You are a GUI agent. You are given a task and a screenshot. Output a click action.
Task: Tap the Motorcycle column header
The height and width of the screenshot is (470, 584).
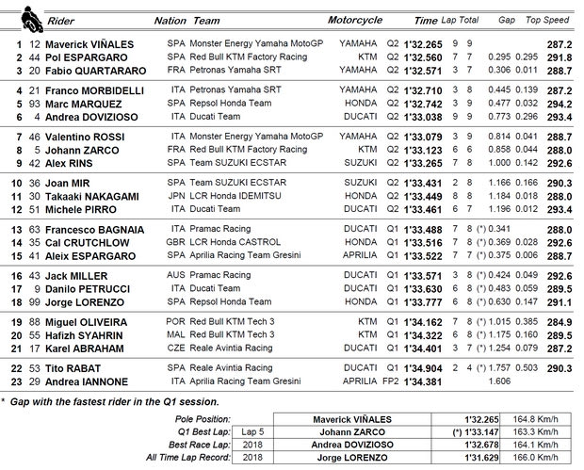pyautogui.click(x=355, y=20)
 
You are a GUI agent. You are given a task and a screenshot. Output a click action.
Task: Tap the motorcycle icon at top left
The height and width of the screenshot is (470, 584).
pyautogui.click(x=12, y=17)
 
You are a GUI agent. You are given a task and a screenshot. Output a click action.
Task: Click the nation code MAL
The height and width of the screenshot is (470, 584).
pyautogui.click(x=176, y=334)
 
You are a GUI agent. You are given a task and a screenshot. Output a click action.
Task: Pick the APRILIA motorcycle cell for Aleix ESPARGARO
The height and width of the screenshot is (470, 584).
pyautogui.click(x=353, y=254)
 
